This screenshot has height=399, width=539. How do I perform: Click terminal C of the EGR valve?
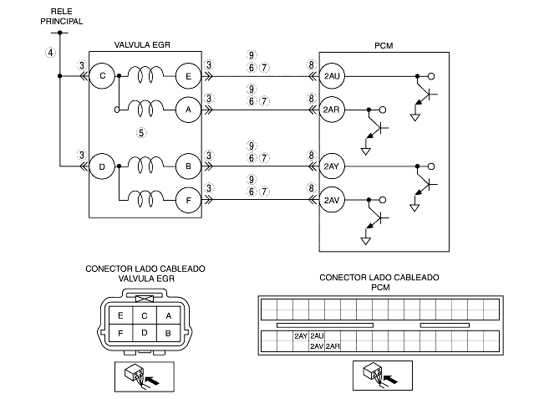pos(102,76)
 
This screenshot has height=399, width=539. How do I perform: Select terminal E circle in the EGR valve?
pos(188,76)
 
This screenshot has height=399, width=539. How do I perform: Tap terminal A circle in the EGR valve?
pos(188,110)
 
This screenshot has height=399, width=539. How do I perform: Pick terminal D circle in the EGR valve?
pos(102,166)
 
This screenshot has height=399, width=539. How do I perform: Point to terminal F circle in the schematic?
pos(188,200)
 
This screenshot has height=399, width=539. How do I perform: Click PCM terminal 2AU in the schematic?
pos(332,76)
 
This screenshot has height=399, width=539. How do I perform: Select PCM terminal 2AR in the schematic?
pos(332,110)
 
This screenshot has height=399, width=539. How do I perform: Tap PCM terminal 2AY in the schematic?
pos(332,166)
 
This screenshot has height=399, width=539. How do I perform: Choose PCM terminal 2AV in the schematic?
pos(332,200)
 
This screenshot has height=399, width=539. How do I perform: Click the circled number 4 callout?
pos(50,53)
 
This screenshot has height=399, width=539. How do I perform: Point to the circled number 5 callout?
pos(141,133)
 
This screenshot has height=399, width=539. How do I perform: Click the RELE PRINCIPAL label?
pos(62,16)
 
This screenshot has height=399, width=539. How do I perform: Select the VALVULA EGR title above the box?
pos(142,45)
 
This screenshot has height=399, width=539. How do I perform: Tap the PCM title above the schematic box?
pos(384,46)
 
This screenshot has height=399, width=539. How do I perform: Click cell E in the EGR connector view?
pos(120,315)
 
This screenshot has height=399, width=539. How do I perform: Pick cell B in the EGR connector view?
pos(168,333)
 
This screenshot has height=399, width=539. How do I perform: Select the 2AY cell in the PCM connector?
pos(301,336)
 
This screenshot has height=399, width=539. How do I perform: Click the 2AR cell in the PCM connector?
pos(333,346)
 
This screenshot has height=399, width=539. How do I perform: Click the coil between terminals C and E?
pos(146,74)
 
